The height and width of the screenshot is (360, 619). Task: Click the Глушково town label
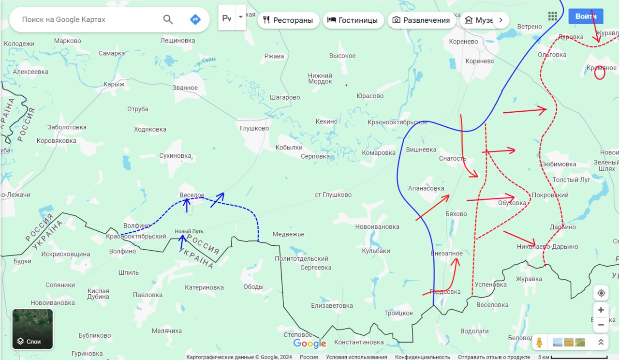[254, 128]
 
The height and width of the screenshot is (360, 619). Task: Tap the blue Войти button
[586, 16]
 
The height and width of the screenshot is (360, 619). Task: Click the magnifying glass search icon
[168, 19]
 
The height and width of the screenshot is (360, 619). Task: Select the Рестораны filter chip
[288, 20]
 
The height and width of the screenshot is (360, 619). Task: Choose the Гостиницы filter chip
[353, 20]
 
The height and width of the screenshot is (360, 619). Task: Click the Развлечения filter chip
[421, 20]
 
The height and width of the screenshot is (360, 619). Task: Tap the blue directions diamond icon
[195, 19]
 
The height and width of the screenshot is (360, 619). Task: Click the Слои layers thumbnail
[33, 329]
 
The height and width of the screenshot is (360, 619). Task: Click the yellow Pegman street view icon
[539, 342]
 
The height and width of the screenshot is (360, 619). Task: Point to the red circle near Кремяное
[600, 73]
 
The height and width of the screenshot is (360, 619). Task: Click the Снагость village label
[453, 158]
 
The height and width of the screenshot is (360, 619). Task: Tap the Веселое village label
[192, 195]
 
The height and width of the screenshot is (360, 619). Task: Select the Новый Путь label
[189, 231]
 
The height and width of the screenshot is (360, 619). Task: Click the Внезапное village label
[446, 253]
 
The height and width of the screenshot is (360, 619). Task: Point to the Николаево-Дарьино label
[547, 247]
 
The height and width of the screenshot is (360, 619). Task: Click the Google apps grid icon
[553, 16]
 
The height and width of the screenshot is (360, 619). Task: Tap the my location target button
[601, 293]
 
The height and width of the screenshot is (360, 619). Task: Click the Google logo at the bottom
[309, 344]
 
